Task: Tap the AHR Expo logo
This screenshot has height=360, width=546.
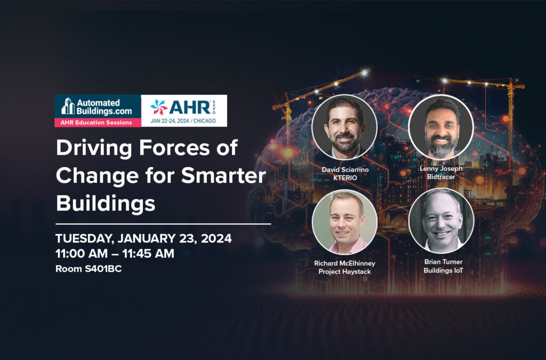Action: pyautogui.click(x=184, y=111)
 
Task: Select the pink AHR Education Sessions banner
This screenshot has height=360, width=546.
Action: pyautogui.click(x=98, y=123)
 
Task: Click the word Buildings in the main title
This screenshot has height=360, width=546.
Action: pyautogui.click(x=106, y=203)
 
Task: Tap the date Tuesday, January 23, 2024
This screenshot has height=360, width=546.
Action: pyautogui.click(x=143, y=238)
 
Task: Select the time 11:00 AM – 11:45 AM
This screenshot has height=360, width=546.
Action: pyautogui.click(x=115, y=253)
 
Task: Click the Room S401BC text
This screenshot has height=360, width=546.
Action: pyautogui.click(x=89, y=269)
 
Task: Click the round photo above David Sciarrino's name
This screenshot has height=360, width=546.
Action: pyautogui.click(x=344, y=127)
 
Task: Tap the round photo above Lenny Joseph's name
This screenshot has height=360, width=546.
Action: pyautogui.click(x=441, y=127)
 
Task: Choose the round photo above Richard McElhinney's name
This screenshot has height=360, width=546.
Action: pyautogui.click(x=345, y=222)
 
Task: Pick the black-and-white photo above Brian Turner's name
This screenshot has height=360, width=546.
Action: pyautogui.click(x=441, y=221)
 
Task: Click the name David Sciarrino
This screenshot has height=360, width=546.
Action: pyautogui.click(x=345, y=170)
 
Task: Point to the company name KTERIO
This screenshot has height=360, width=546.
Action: pyautogui.click(x=345, y=178)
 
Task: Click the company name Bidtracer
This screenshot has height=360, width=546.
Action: pyautogui.click(x=441, y=177)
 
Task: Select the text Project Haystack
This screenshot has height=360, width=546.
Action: pyautogui.click(x=345, y=271)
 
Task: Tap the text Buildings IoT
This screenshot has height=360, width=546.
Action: pyautogui.click(x=443, y=270)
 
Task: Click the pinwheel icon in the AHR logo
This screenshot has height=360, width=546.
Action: pyautogui.click(x=159, y=107)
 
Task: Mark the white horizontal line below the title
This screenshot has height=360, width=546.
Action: pyautogui.click(x=163, y=224)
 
